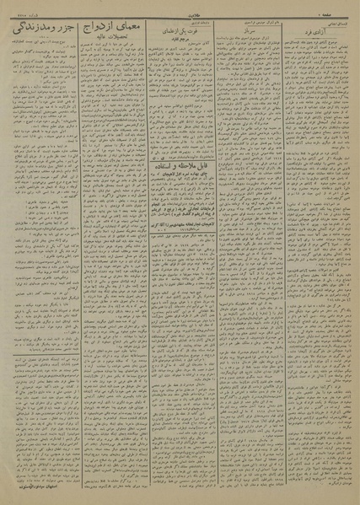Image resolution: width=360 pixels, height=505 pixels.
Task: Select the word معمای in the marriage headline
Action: click(126, 31)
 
